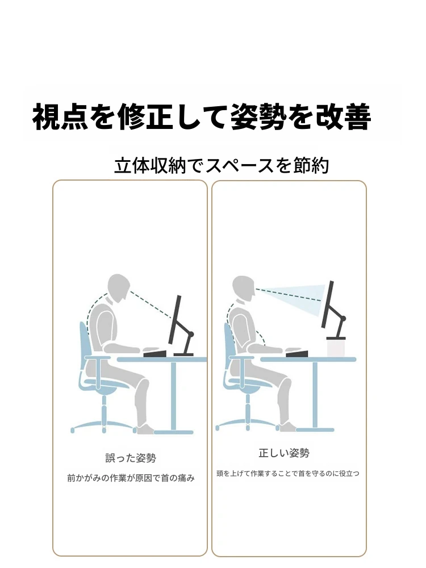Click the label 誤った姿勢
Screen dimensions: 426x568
(x=131, y=458)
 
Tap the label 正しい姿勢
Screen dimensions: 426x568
(x=284, y=453)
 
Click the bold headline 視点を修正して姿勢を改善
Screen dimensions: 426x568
(x=202, y=116)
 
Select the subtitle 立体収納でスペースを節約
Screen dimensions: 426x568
(x=222, y=165)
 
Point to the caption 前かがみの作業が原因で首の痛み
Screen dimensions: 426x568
(x=131, y=478)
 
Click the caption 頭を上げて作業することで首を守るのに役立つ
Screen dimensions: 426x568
(x=288, y=474)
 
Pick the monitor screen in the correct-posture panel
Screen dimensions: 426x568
(x=328, y=304)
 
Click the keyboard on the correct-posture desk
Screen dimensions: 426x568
(x=296, y=353)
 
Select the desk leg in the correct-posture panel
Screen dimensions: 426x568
(x=315, y=395)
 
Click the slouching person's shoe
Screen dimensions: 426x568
(x=146, y=429)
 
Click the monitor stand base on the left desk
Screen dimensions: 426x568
(x=183, y=354)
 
